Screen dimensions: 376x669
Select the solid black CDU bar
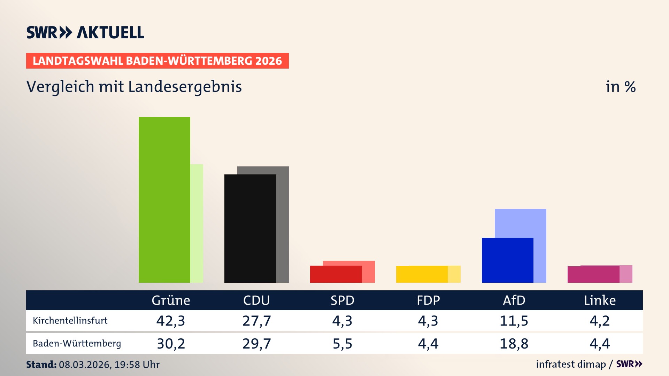coord(250,228)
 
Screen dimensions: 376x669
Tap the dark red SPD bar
coord(336,274)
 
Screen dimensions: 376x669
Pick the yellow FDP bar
coord(422,274)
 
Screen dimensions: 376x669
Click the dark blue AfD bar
coord(507,260)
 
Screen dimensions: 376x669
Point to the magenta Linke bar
coord(593,275)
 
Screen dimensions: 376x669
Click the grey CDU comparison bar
coord(283,223)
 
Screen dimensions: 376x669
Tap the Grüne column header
coord(171,300)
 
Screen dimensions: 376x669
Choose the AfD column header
coord(514,300)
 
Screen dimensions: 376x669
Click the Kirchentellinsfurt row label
coord(70,321)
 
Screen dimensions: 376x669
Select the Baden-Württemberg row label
coord(77,344)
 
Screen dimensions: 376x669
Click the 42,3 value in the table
coord(171,321)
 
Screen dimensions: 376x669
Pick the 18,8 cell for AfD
coord(514,344)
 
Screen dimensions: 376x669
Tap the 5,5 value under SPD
coord(343,344)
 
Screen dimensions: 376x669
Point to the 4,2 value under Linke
coord(600,321)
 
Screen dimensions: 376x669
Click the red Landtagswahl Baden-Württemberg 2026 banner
coord(157,61)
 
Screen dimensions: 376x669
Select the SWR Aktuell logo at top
coord(85,33)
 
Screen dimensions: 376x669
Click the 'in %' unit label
coord(621,87)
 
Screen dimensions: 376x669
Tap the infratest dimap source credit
coord(571,364)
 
